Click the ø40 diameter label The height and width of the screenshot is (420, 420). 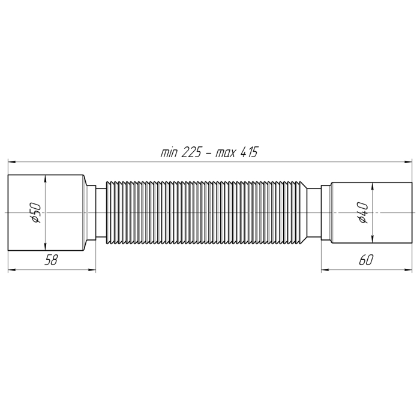point(363,213)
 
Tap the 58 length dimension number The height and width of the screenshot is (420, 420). point(51,260)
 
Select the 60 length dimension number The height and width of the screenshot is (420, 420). point(366,260)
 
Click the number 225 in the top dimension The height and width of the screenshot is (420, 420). point(191,152)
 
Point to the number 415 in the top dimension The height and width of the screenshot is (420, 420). point(249,152)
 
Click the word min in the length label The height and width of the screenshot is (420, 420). point(169,153)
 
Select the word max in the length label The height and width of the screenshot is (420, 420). point(226,154)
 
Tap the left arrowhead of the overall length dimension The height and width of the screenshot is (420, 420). point(12,162)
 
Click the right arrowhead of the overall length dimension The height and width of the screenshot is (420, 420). point(408,162)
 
